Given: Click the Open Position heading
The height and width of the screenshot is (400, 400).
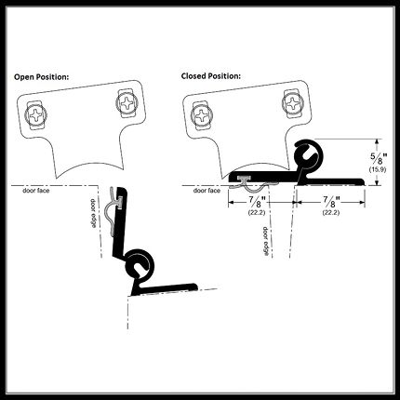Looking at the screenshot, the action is (x=41, y=77).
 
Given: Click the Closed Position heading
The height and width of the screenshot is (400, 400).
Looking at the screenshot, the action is (x=211, y=76).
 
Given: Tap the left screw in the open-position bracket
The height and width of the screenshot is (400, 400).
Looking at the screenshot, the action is (x=36, y=115).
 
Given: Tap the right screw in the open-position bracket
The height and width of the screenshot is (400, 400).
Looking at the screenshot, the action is (x=127, y=103).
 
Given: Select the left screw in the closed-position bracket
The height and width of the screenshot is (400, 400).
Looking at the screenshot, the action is (x=202, y=115).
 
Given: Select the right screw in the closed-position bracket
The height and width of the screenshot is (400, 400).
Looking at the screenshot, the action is (x=292, y=103).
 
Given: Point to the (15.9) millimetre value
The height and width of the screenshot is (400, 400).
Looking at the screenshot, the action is (x=378, y=169).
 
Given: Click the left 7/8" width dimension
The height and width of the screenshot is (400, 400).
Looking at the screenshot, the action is (x=257, y=203).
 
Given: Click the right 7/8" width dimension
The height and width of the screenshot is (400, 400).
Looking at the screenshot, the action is (x=331, y=203).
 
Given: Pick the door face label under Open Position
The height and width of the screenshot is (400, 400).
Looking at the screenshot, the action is (x=36, y=191).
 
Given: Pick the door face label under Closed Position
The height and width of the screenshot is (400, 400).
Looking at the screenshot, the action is (x=207, y=191).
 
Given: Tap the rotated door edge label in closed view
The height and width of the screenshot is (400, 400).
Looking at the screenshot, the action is (x=266, y=241).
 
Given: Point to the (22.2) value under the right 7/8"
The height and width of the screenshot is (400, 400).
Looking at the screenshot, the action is (x=331, y=213).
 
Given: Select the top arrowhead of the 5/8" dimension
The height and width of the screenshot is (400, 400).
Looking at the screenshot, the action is (x=377, y=141).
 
